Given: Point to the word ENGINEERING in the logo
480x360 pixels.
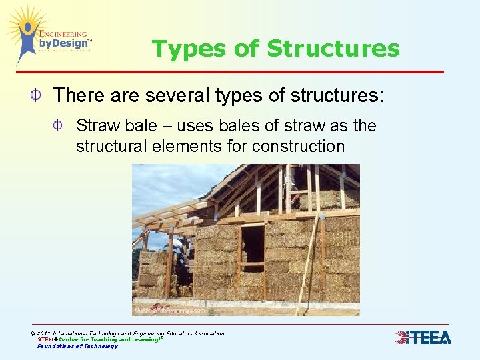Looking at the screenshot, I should tap(64, 33).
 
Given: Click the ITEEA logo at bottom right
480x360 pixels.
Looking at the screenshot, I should tap(423, 337).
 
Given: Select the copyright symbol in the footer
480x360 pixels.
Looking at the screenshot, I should tap(33, 333).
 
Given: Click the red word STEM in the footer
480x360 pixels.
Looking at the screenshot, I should tap(45, 339).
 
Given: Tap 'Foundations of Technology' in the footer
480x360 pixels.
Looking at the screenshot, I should tap(77, 346).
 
